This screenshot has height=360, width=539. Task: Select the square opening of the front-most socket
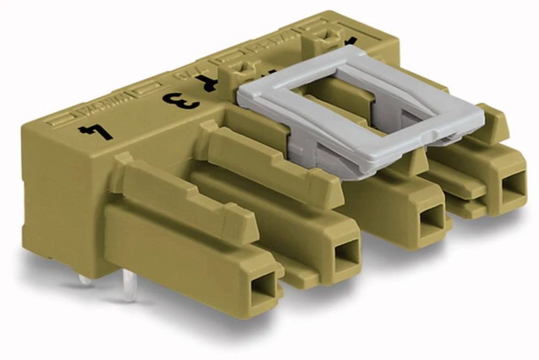coord(266,281)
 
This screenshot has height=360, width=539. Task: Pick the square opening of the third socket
coord(431,218)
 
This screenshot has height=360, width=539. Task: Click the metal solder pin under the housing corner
coord(85,280)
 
